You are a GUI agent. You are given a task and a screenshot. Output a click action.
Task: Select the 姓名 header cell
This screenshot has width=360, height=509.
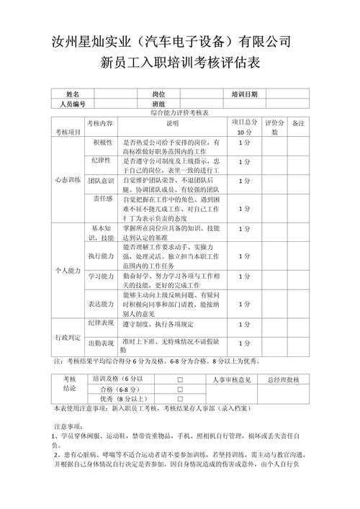coord(73,94)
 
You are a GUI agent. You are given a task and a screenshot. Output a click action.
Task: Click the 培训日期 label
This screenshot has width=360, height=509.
coord(245,94)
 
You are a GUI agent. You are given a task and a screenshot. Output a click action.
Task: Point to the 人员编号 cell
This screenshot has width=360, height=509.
coord(73,104)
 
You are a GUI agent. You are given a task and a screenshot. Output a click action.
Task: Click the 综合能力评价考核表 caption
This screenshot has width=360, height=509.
coord(180,114)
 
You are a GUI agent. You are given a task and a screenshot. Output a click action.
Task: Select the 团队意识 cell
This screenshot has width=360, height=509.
coord(102,180)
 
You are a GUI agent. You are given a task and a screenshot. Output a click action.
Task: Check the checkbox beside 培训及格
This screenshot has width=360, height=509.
coord(180,379)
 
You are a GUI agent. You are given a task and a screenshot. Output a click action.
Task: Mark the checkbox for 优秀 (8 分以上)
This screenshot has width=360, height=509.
coord(180,398)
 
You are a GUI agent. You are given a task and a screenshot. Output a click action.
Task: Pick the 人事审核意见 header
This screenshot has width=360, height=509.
coord(232,379)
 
